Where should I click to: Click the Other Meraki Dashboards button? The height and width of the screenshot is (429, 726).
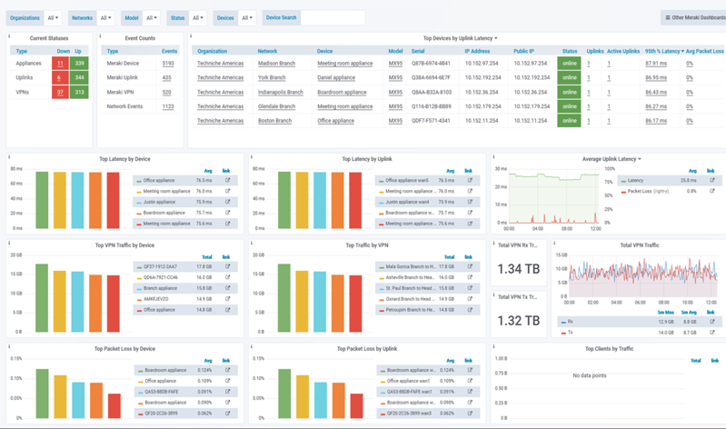tap(693, 17)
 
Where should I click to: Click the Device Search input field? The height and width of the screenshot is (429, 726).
tap(333, 17)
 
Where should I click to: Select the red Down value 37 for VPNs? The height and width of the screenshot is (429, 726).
tap(60, 93)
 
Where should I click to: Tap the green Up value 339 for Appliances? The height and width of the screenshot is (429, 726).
tap(78, 64)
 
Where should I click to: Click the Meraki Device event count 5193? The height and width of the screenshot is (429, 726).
tap(168, 64)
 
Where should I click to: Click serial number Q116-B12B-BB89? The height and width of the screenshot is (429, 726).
tap(431, 106)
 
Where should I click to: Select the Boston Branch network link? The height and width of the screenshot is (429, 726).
tap(274, 121)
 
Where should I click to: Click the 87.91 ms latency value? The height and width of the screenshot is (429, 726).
tap(655, 64)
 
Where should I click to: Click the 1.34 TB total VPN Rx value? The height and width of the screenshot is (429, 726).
tap(520, 269)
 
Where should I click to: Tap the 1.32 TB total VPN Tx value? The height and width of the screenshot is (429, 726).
tap(520, 321)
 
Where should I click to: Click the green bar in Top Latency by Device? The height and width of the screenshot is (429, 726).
tap(42, 200)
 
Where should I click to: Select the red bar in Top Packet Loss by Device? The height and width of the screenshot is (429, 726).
tap(114, 404)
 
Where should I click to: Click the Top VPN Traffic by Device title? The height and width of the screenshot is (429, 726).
tap(124, 245)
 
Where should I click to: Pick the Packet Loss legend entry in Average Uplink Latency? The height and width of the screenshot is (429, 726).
tap(647, 192)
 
